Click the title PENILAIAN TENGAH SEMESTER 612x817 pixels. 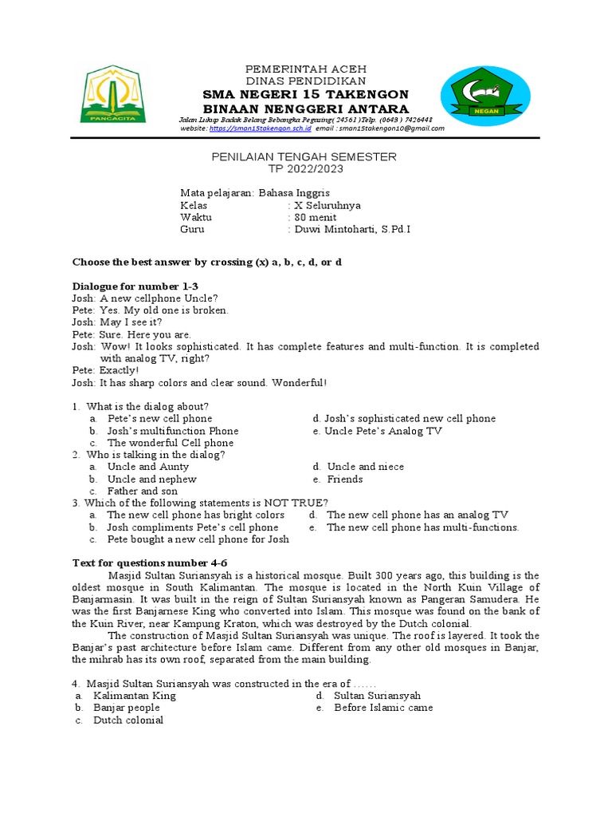(x=304, y=157)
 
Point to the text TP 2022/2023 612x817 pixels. (x=304, y=169)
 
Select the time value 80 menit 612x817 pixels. (x=316, y=217)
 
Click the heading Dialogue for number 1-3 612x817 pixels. (x=135, y=286)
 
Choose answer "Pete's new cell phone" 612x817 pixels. (x=159, y=418)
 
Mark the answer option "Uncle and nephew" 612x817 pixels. (x=152, y=480)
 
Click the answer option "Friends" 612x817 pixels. (x=344, y=480)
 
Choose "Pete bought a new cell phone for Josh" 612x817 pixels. (x=198, y=539)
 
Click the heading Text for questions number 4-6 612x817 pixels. (x=150, y=562)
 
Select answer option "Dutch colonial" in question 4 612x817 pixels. (x=128, y=720)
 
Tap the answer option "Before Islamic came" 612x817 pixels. (x=383, y=708)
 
